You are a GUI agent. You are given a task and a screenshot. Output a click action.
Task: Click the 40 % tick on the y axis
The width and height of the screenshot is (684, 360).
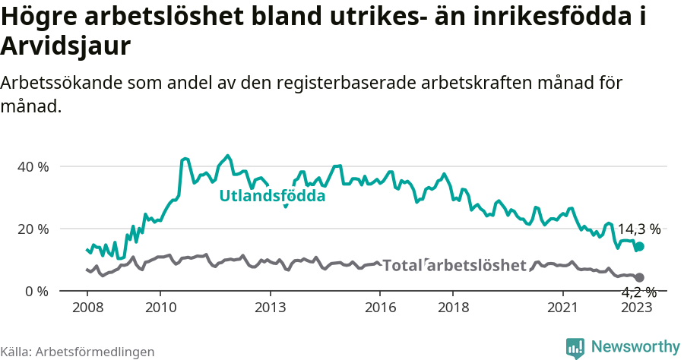[33, 166]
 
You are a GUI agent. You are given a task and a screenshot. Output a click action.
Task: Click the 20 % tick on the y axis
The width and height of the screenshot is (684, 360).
[33, 229]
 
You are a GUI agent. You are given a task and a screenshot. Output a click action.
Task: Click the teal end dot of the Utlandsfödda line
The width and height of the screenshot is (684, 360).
[640, 246]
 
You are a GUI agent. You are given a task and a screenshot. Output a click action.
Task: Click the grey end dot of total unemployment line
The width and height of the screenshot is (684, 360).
[640, 278]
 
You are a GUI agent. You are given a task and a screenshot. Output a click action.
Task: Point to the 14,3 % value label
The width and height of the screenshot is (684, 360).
[638, 229]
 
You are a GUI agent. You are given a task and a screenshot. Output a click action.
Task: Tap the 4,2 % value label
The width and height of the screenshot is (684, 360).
[638, 292]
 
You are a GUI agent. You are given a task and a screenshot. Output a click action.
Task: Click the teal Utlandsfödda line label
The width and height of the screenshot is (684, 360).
[272, 196]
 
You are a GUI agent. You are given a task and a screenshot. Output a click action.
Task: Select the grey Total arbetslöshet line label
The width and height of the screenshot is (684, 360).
[454, 265]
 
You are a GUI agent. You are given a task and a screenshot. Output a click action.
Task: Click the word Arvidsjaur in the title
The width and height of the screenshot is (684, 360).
[66, 46]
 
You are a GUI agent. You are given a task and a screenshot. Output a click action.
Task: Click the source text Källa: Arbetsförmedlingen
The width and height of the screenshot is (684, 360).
[78, 352]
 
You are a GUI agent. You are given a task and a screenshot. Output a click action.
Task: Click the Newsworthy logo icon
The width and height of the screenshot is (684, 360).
[575, 348]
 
